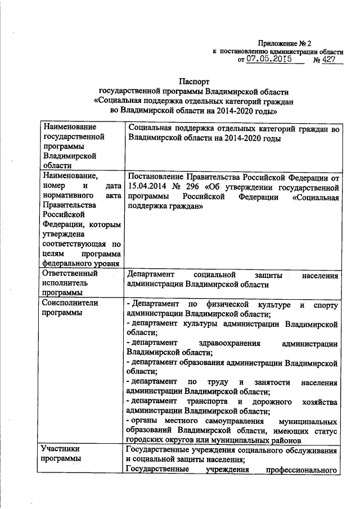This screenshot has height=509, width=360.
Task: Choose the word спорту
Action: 326,305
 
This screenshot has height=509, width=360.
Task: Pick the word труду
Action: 222,382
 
